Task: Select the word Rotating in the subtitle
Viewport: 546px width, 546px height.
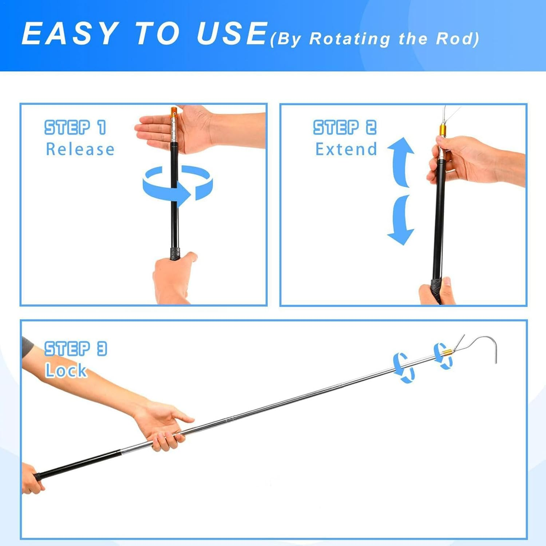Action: pyautogui.click(x=349, y=39)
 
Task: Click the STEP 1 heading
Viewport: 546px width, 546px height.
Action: pyautogui.click(x=75, y=127)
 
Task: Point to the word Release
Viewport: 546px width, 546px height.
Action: pyautogui.click(x=80, y=149)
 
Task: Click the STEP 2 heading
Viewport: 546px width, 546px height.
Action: pyautogui.click(x=345, y=127)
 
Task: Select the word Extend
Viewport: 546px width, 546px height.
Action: pyautogui.click(x=346, y=149)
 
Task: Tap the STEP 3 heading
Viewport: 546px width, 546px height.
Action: pyautogui.click(x=75, y=349)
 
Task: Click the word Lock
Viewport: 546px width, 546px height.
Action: pyautogui.click(x=66, y=371)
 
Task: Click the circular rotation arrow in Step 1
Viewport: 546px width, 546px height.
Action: pyautogui.click(x=177, y=184)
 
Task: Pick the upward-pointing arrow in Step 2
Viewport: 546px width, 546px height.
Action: pyautogui.click(x=401, y=160)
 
